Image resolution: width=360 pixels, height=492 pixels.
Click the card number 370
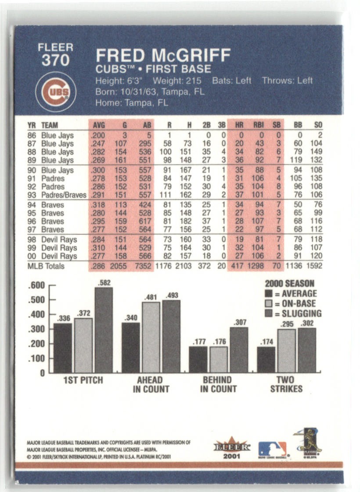click(x=55, y=60)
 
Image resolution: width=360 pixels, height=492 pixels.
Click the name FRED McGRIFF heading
click(x=163, y=56)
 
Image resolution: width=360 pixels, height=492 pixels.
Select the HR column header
click(x=239, y=125)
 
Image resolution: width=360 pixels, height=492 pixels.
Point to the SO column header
click(x=318, y=125)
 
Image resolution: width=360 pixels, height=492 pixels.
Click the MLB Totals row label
click(x=46, y=266)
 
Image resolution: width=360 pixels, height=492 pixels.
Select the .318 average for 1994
click(x=99, y=205)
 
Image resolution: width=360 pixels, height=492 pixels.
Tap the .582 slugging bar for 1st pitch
click(x=104, y=329)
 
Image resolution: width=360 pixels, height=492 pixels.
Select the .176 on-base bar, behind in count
click(x=218, y=359)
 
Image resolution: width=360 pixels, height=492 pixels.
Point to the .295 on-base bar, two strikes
click(x=286, y=350)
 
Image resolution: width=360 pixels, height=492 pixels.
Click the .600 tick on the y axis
click(x=36, y=286)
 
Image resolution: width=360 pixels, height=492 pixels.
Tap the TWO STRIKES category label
click(x=286, y=384)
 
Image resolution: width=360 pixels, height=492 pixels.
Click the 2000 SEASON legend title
click(x=289, y=283)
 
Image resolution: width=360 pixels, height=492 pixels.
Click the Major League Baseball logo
click(x=272, y=449)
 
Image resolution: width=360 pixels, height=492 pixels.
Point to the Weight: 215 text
click(x=177, y=81)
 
